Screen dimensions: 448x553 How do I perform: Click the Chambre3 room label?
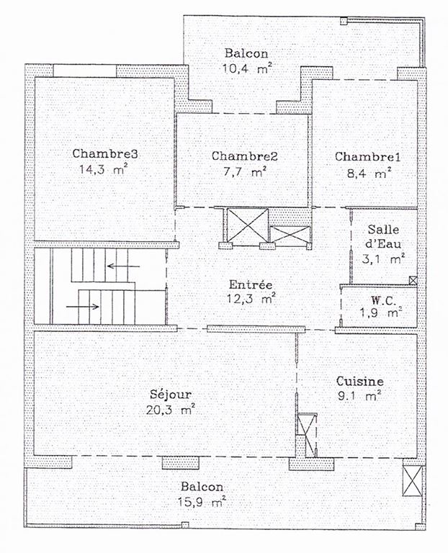tap(104, 154)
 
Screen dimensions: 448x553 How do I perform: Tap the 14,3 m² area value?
tap(103, 170)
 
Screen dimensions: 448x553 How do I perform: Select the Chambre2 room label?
tap(244, 156)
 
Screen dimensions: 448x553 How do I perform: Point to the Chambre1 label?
tap(367, 157)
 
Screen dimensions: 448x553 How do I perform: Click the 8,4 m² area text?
tap(369, 173)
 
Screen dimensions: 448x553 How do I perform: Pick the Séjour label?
tap(171, 394)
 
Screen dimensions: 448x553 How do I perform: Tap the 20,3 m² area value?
tap(171, 410)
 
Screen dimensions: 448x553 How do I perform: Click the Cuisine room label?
tap(360, 381)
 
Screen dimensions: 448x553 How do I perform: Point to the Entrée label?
tap(251, 284)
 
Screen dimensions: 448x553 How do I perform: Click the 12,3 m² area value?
tap(251, 300)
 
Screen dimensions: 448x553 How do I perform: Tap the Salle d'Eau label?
tap(383, 236)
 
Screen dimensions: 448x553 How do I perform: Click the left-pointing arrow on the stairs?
tap(123, 266)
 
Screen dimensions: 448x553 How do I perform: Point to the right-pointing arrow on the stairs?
tap(83, 307)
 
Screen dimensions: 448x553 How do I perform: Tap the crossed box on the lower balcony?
tap(413, 481)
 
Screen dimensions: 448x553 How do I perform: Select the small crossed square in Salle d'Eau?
tap(413, 280)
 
